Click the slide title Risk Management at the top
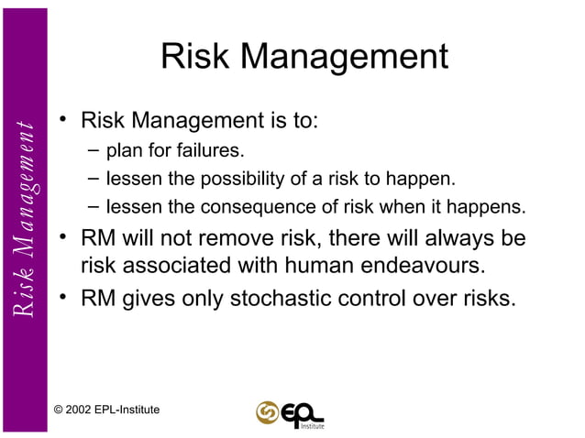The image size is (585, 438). tap(304, 58)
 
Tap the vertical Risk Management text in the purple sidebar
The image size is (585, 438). tap(25, 218)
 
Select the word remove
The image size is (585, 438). tap(264, 238)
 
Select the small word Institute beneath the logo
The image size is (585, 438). tap(313, 425)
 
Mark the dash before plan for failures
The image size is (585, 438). tap(95, 148)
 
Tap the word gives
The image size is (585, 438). tap(146, 297)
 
